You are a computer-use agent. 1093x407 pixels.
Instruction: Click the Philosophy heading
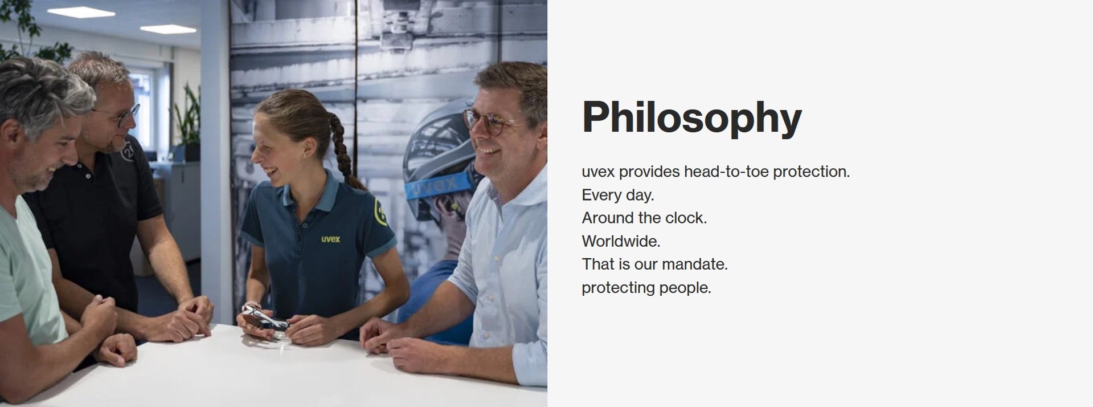(691, 118)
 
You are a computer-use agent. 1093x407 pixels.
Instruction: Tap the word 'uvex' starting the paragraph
(598, 172)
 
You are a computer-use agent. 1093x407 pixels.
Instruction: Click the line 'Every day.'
(618, 195)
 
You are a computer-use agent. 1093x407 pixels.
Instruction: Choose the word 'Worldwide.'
(621, 241)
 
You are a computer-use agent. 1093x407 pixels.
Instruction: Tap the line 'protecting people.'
(646, 287)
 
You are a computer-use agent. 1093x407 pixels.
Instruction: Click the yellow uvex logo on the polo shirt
(330, 239)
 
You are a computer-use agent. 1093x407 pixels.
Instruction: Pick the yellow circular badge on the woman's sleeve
(380, 211)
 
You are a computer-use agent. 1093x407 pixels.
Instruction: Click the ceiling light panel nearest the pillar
(168, 29)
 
